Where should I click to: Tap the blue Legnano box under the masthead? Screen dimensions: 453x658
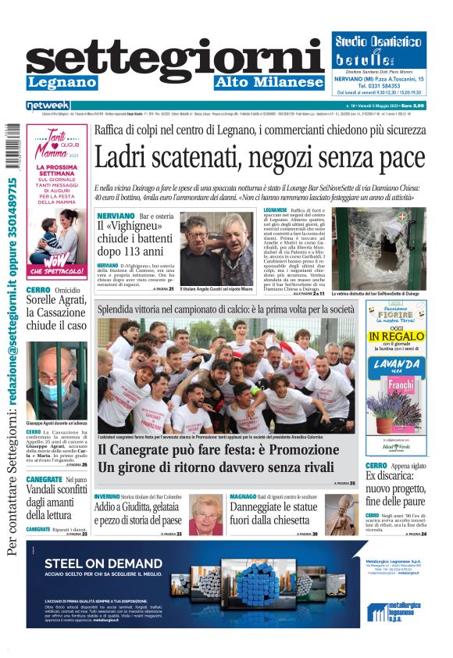[x=62, y=83]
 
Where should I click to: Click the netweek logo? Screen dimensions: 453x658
[x=48, y=105]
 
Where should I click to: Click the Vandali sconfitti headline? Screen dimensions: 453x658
[x=56, y=500]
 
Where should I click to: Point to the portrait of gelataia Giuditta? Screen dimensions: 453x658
[x=205, y=515]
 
